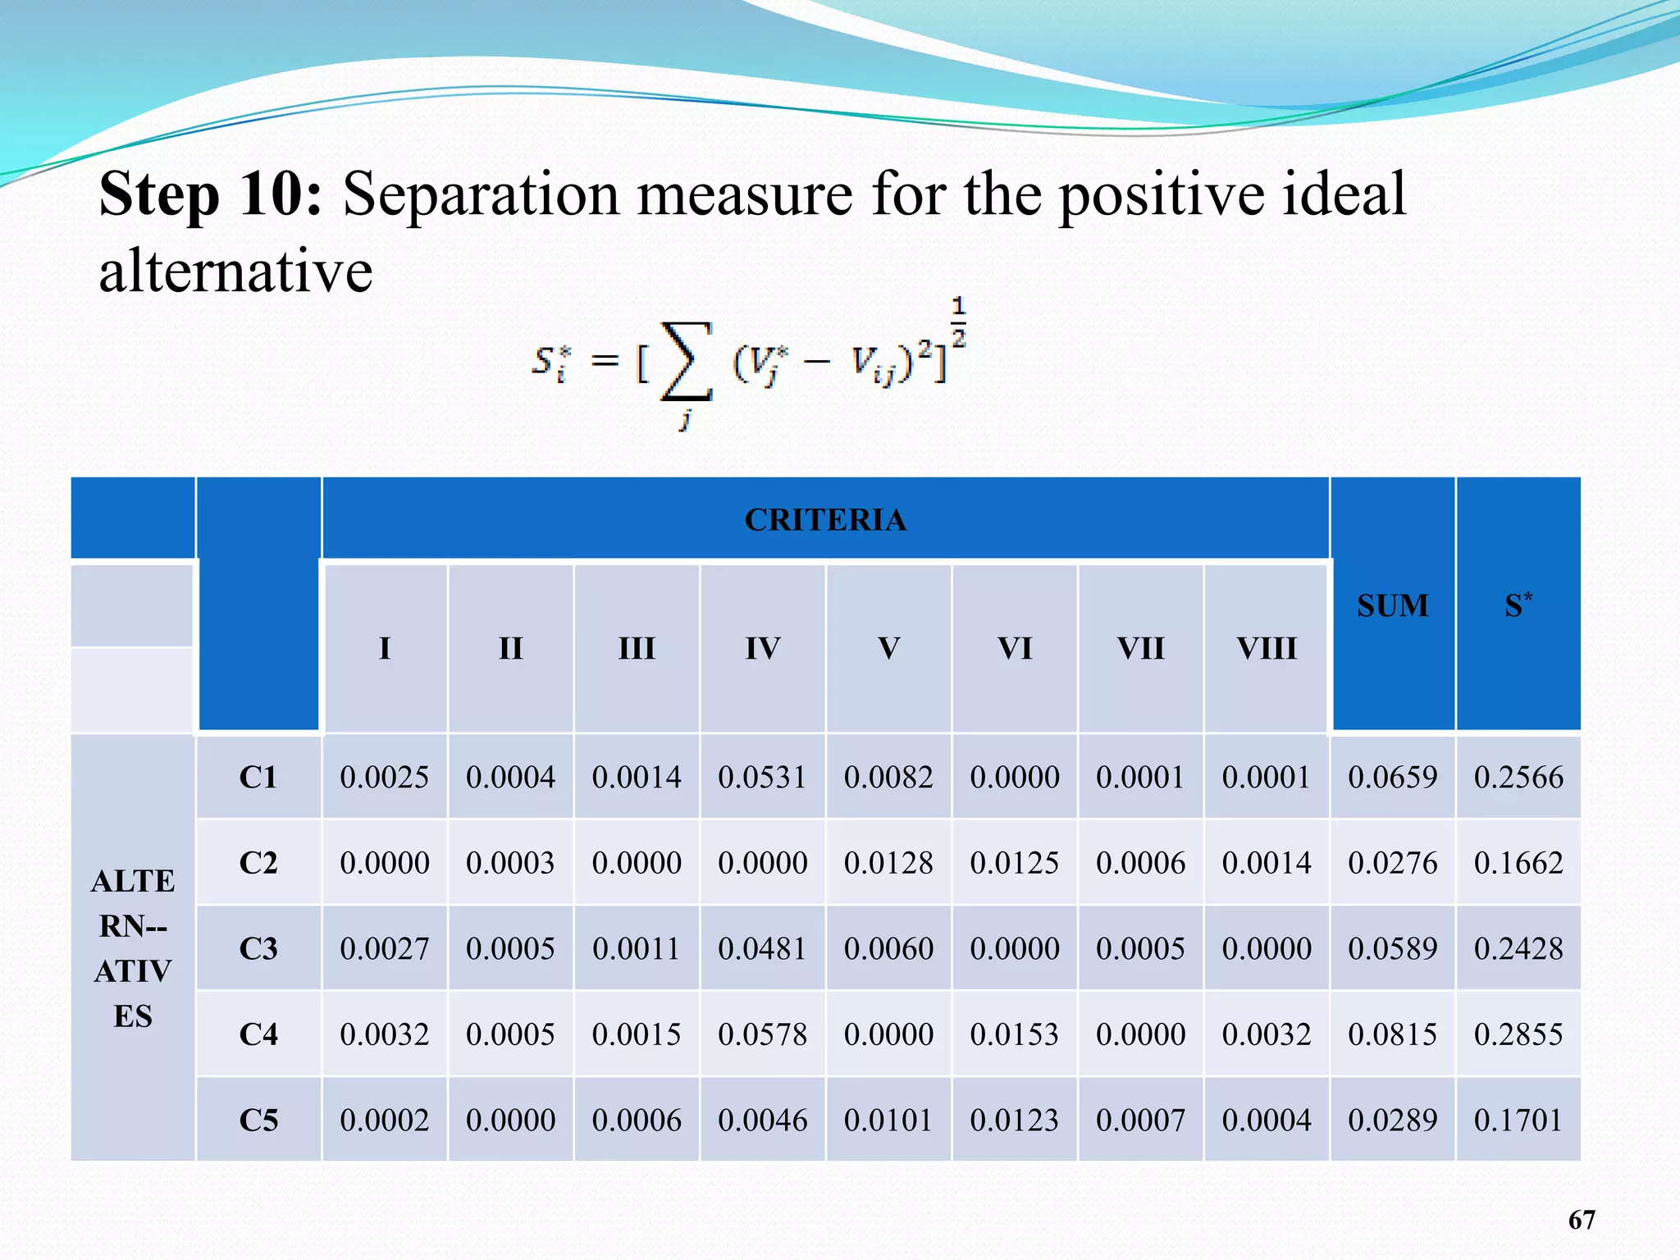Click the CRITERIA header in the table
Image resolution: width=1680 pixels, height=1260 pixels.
825,520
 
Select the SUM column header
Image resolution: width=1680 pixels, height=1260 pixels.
1392,605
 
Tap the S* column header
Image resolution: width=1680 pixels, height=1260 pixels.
1518,605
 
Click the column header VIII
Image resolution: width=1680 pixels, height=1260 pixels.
1267,649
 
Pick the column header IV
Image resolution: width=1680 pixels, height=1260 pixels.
762,649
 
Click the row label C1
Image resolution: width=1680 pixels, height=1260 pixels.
258,777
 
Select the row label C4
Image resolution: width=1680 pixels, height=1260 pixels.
258,1034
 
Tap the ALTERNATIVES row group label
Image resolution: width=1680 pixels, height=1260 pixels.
133,948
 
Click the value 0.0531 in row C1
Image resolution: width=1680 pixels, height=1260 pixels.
762,777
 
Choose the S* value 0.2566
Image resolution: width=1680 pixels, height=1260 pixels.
1518,777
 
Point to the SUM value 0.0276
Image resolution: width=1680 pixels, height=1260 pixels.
1392,863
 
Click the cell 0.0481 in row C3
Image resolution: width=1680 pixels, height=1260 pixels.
762,949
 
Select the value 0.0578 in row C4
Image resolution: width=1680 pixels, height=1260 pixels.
762,1034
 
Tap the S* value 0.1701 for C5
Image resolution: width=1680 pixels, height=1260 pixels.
1518,1121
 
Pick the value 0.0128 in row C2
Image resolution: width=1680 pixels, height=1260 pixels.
888,863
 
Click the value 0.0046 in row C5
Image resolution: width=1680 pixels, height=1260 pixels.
762,1121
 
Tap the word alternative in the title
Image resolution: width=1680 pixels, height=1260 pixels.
235,271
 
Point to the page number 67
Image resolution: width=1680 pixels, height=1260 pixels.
1582,1220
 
